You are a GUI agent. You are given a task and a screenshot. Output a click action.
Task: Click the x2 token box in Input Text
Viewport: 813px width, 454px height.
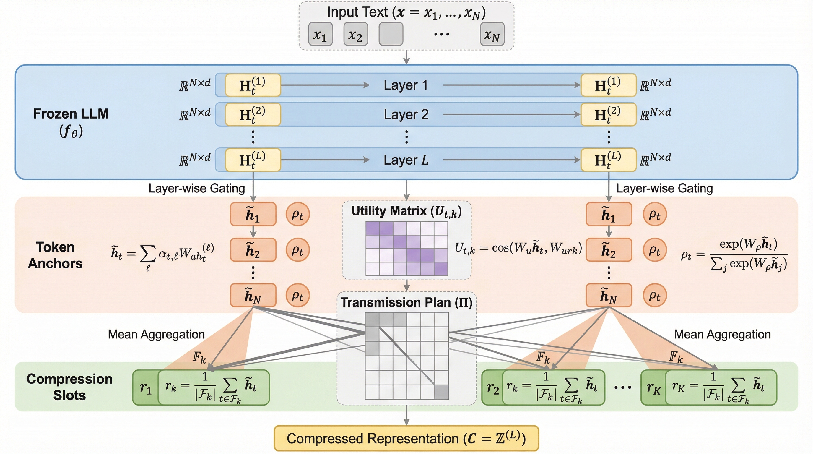pyautogui.click(x=356, y=34)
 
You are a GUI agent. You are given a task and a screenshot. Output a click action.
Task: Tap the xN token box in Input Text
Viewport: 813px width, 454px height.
pyautogui.click(x=492, y=34)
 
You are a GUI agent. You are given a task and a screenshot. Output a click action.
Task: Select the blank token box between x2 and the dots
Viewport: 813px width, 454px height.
pyautogui.click(x=391, y=34)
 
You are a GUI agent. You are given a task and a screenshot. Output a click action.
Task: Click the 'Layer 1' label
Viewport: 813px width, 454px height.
pyautogui.click(x=406, y=85)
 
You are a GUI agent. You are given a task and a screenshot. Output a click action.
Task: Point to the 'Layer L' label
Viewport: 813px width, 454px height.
pyautogui.click(x=406, y=160)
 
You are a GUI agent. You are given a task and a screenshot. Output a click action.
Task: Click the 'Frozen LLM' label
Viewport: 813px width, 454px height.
pyautogui.click(x=71, y=114)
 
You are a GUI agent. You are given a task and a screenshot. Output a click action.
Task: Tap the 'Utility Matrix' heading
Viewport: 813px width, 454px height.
pyautogui.click(x=406, y=211)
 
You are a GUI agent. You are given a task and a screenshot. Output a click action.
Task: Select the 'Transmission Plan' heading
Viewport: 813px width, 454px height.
pyautogui.click(x=406, y=302)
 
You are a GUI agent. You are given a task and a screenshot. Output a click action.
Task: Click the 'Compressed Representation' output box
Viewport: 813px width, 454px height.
pyautogui.click(x=406, y=438)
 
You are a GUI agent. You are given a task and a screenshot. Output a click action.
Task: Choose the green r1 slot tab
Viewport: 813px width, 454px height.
pyautogui.click(x=145, y=388)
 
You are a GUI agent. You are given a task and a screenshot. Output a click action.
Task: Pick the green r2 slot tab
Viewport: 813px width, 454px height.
pyautogui.click(x=492, y=388)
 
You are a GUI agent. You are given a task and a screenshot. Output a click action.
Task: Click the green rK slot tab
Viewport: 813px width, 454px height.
pyautogui.click(x=653, y=388)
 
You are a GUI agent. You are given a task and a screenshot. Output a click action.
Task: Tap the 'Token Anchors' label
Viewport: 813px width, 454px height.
pyautogui.click(x=55, y=255)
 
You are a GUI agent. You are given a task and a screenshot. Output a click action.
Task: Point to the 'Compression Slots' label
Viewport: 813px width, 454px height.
pyautogui.click(x=69, y=387)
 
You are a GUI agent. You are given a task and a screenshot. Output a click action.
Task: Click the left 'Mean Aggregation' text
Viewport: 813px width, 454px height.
pyautogui.click(x=156, y=334)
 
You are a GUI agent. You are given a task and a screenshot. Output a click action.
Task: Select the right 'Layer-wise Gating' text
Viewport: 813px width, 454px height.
pyautogui.click(x=664, y=189)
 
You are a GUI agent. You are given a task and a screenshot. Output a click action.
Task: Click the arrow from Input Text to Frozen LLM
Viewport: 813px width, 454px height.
pyautogui.click(x=406, y=57)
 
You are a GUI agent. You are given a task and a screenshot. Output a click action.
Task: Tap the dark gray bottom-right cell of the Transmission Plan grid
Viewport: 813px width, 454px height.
pyautogui.click(x=441, y=392)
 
